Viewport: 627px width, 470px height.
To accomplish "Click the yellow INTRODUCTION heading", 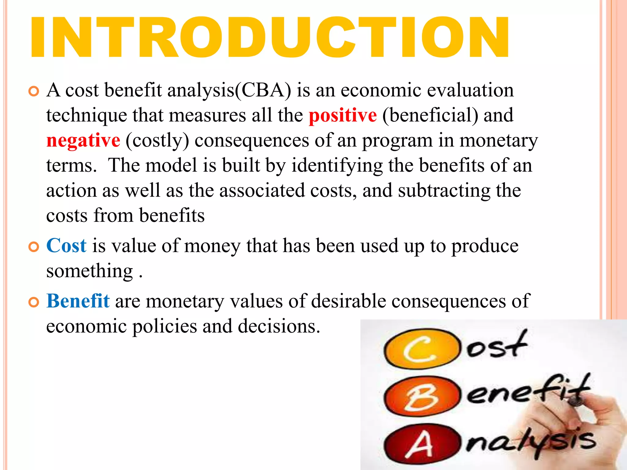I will (269, 37).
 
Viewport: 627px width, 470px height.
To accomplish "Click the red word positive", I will (343, 116).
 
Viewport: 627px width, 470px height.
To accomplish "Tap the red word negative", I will (83, 141).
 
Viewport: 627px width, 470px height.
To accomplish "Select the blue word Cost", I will (66, 246).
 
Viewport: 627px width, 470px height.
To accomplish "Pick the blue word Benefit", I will (78, 301).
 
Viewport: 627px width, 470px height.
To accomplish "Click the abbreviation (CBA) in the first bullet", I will (263, 91).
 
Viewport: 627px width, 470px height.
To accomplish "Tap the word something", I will (89, 271).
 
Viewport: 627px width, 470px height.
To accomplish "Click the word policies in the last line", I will (164, 326).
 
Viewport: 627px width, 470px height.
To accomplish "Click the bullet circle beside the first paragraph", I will (34, 91).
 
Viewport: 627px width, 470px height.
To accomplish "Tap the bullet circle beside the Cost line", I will (34, 247).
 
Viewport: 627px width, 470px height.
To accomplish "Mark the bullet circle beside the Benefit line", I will (34, 302).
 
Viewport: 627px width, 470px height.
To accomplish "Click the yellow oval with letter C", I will (422, 349).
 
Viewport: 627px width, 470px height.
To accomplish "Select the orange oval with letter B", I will (422, 397).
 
